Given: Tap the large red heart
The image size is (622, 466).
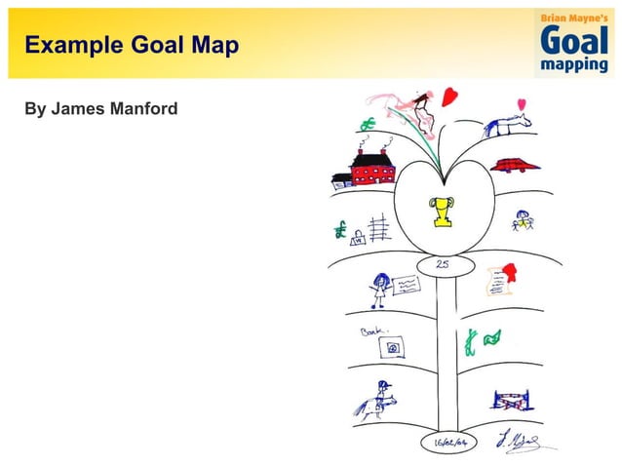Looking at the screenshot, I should coord(449,97).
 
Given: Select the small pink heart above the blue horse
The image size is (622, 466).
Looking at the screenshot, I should coord(522,104).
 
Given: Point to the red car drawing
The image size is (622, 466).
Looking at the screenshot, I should coord(514,164).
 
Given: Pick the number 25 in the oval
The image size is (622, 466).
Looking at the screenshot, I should coord(443,264).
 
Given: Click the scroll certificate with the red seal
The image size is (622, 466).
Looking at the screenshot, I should coord(500,280).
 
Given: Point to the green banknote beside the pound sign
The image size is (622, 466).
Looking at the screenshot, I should coord(493,337).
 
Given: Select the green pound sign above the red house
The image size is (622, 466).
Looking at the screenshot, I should coord(368,124).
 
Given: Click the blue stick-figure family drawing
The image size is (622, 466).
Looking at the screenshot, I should coord(524,221).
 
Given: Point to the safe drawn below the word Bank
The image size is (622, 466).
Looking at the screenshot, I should coord(393,348).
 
